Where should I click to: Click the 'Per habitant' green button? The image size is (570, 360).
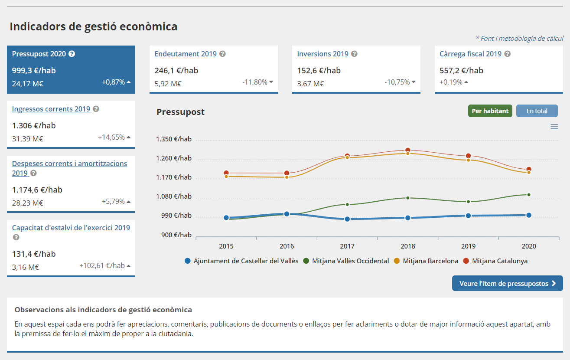(490, 111)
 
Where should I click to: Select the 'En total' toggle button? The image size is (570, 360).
(537, 111)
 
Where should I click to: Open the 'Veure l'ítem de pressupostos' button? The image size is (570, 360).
(507, 284)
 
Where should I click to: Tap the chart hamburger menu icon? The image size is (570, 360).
(554, 127)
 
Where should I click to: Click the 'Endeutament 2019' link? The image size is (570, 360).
(186, 54)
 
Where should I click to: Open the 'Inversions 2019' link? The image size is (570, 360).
(322, 54)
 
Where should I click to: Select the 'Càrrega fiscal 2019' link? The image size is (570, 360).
(470, 54)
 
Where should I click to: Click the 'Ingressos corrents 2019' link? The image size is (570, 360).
(51, 109)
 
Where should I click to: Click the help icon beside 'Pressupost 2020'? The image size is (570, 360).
(72, 54)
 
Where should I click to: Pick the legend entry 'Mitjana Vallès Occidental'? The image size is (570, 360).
(350, 261)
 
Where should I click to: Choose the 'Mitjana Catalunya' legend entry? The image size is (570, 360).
(499, 261)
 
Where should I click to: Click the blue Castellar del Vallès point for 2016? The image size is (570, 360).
(287, 214)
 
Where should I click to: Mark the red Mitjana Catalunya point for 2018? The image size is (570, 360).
(407, 150)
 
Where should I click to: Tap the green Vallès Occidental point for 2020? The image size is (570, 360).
(529, 195)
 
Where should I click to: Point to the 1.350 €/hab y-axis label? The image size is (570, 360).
(174, 139)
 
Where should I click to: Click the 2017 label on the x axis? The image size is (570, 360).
(347, 246)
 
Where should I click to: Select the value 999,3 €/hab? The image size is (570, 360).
(34, 70)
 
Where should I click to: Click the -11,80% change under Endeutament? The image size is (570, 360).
(254, 82)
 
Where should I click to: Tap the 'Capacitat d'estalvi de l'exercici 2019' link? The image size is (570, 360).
(71, 228)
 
